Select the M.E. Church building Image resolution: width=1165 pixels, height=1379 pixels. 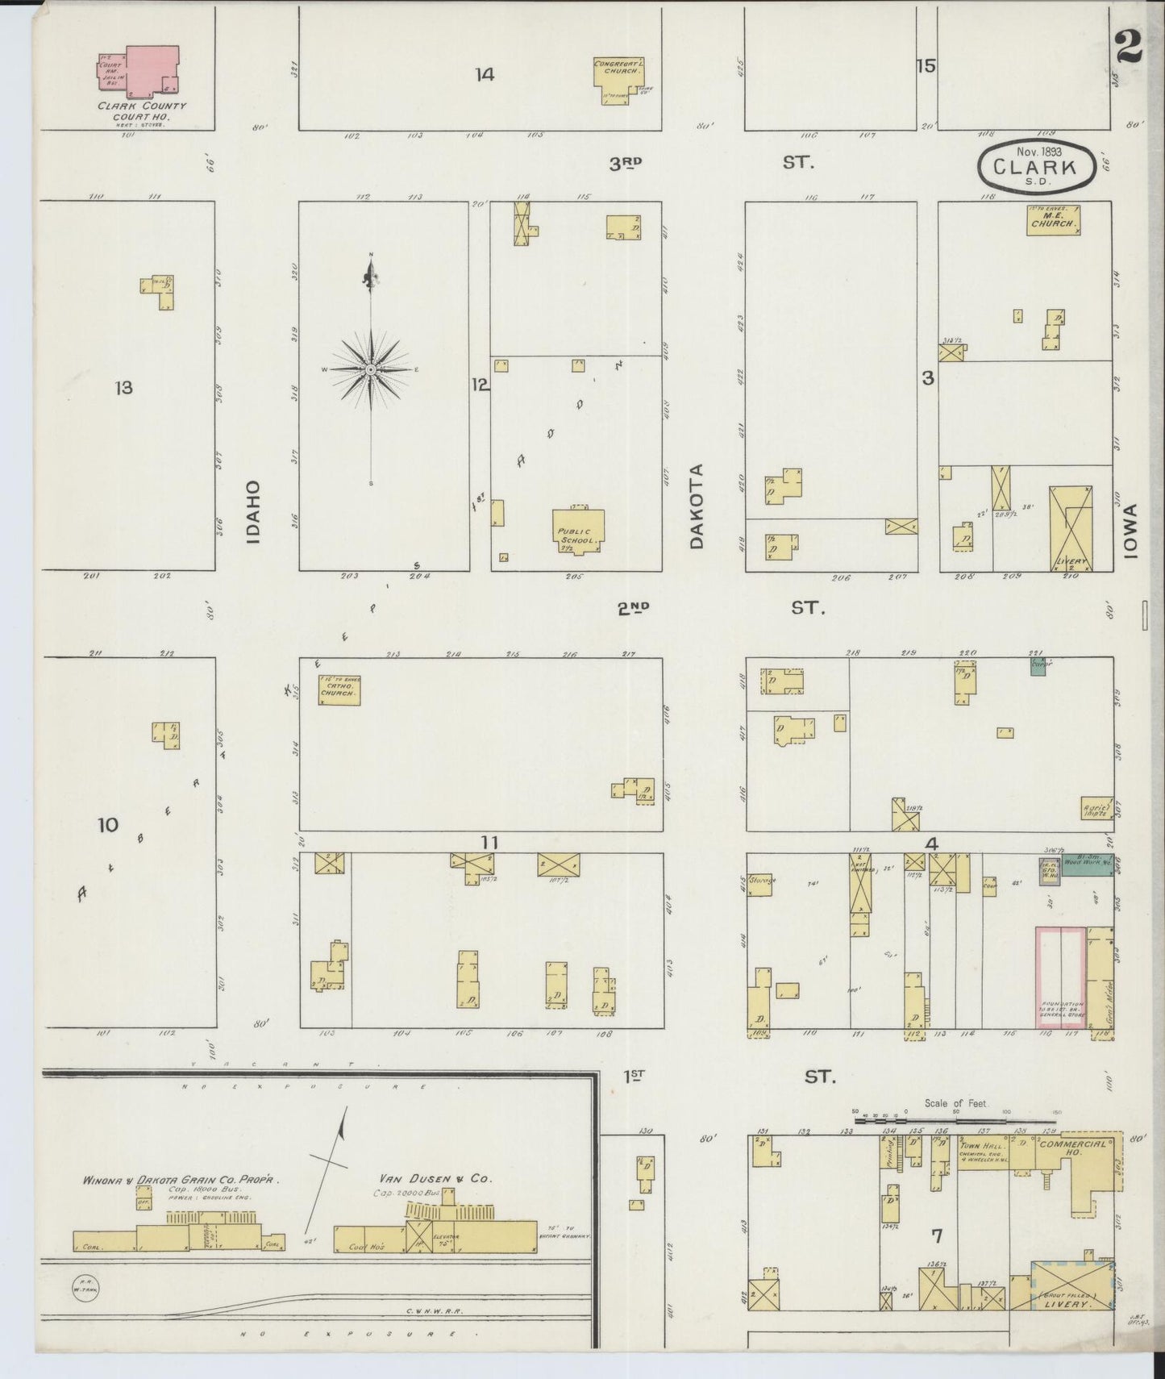pos(1053,220)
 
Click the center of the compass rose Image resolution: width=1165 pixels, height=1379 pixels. pos(370,369)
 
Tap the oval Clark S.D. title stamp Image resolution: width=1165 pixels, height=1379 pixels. pos(1037,167)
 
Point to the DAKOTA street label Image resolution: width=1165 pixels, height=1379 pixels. pos(697,506)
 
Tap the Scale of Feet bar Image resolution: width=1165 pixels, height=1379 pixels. pos(955,1119)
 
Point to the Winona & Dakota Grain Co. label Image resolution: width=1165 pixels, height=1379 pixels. pos(180,1180)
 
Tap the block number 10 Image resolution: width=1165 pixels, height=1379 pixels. pos(107,824)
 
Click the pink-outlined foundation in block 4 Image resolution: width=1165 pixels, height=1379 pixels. pos(1060,977)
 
